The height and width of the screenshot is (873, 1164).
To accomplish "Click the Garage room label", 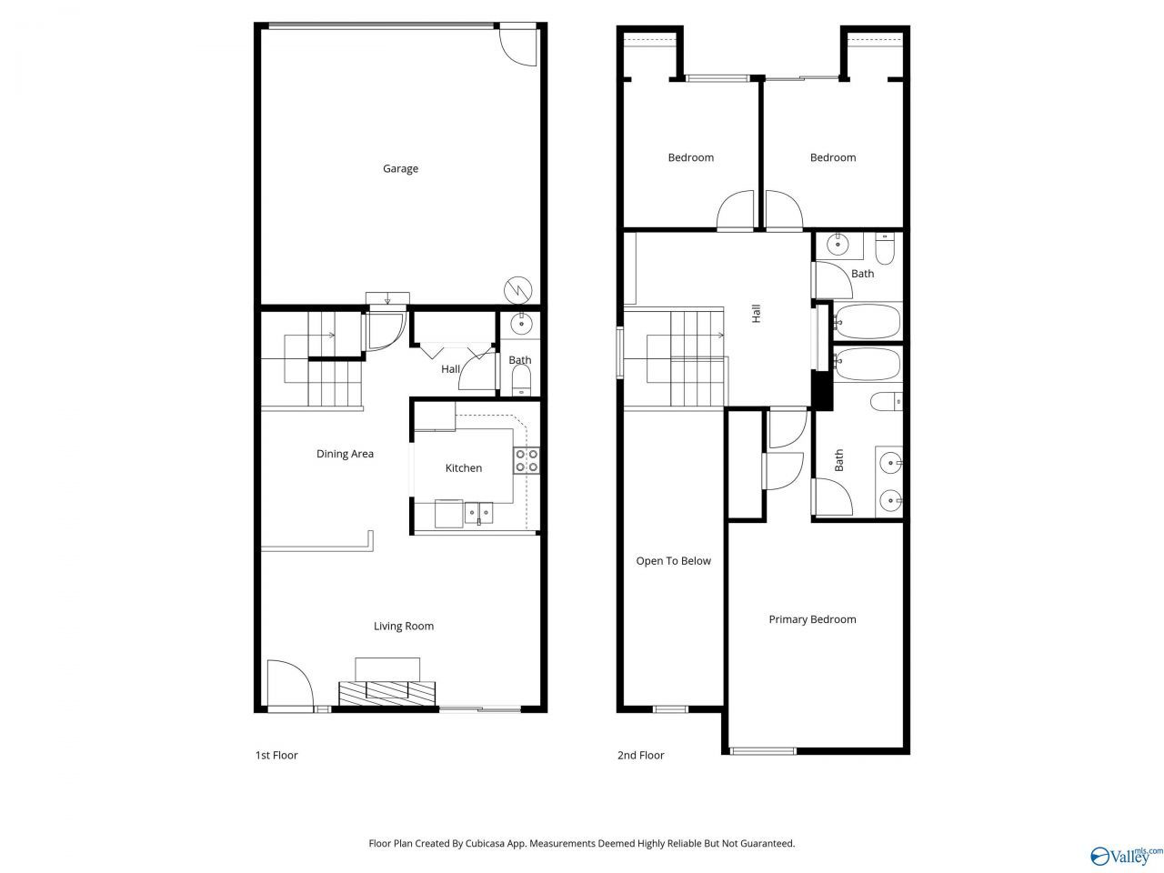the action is coord(400,168).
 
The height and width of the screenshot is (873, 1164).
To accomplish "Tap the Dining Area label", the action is coord(345,454).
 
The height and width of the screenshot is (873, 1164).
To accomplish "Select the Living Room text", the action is coord(404,626).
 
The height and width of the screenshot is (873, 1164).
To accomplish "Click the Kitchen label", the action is coord(464,468).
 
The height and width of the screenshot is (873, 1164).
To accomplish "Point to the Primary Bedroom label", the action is coord(812,619).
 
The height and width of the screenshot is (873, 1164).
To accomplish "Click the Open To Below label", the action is coord(674,561).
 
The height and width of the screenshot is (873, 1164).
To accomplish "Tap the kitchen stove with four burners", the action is coord(526,461).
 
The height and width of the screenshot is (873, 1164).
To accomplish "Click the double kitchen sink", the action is coord(479,513).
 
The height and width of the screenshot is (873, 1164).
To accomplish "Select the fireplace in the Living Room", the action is coord(387,693).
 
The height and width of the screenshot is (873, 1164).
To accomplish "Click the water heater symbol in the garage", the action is coord(517,290).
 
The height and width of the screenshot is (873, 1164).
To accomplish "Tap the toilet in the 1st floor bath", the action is coord(521,379).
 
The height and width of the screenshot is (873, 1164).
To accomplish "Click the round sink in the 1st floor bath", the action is coord(521,323).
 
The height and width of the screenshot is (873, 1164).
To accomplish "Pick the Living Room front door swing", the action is coord(289,683).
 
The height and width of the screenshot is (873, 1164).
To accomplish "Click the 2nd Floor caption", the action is coord(640,756).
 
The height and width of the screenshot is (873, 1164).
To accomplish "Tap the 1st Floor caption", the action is coord(276,756).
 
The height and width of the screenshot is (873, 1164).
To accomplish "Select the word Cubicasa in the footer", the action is coord(484,843).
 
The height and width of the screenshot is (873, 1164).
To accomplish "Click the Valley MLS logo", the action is coord(1125,856).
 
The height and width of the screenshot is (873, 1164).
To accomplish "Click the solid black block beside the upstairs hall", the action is coord(822,390).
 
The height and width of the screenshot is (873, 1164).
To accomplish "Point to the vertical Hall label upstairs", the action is coord(757,313).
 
